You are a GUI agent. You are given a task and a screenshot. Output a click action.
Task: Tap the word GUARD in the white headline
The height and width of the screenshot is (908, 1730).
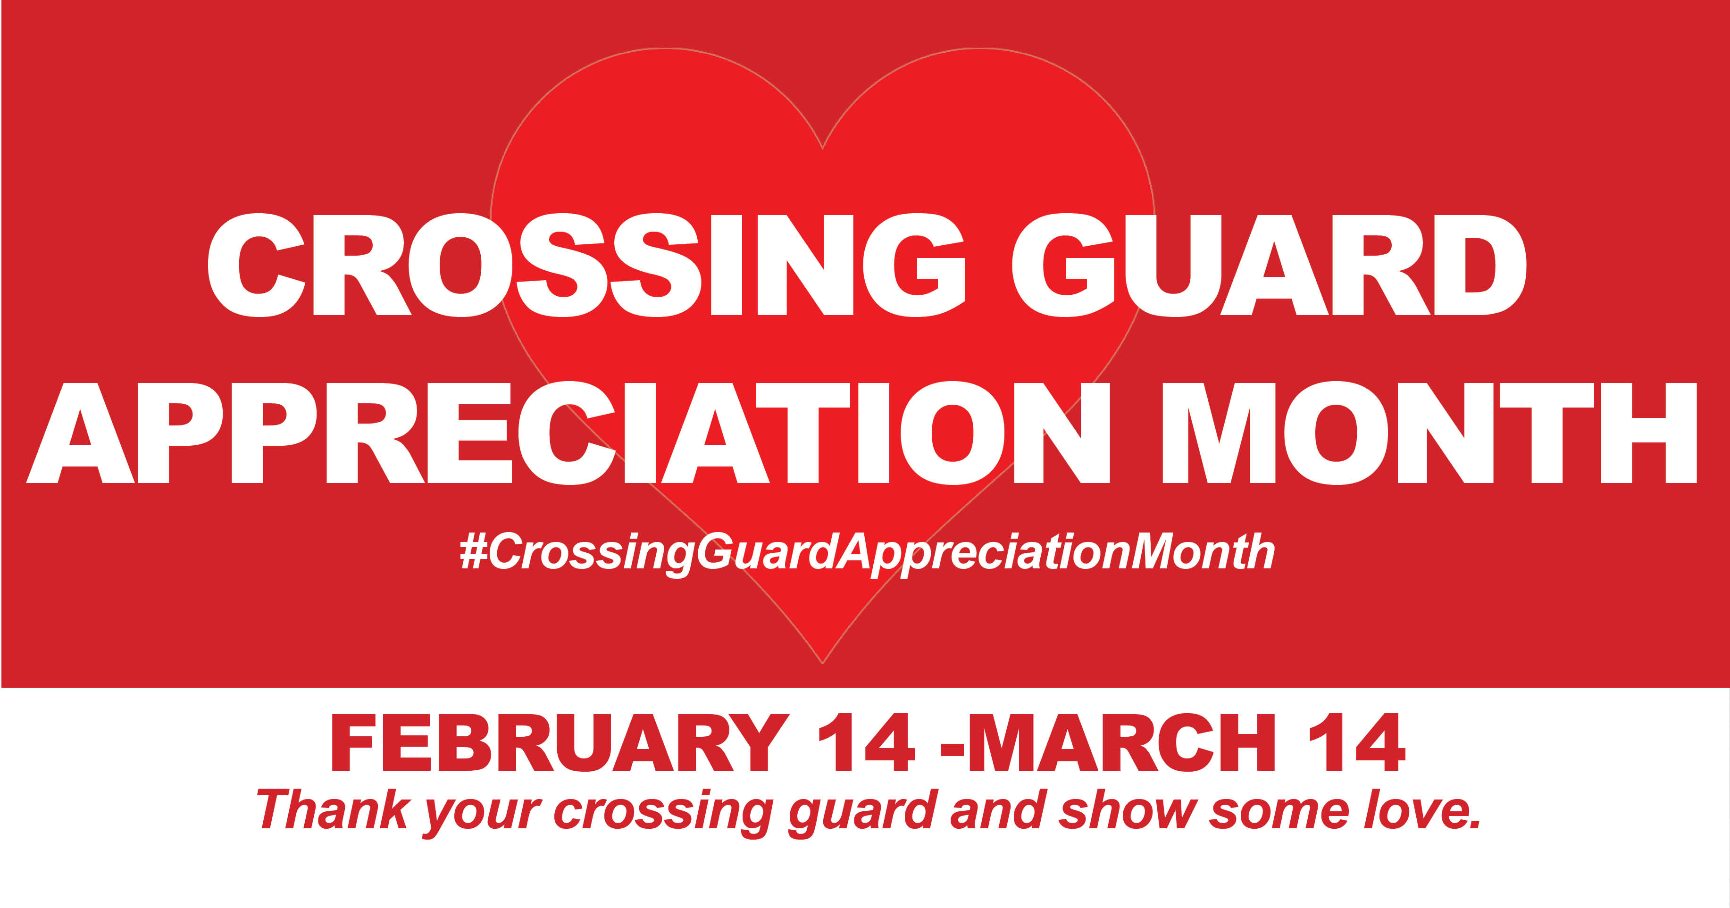(x=1269, y=265)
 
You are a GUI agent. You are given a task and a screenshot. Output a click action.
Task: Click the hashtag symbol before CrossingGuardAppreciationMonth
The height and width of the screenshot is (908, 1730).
(x=474, y=552)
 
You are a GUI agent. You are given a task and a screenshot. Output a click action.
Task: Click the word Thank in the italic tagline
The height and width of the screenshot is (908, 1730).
(x=333, y=810)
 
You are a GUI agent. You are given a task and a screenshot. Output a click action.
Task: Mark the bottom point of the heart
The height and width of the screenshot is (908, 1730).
(x=823, y=663)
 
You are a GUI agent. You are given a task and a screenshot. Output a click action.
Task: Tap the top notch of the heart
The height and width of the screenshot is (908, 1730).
(x=823, y=148)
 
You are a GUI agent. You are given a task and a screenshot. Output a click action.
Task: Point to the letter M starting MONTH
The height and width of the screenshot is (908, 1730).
(x=1218, y=433)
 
